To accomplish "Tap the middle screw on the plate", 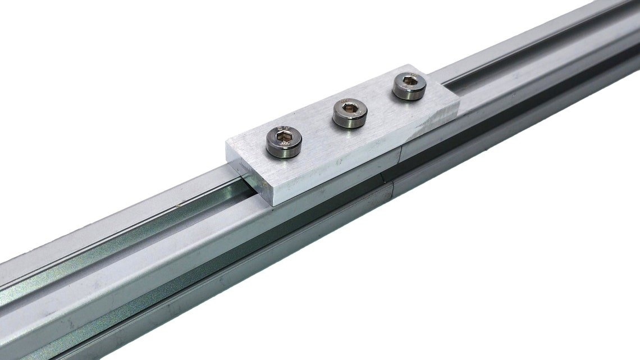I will pyautogui.click(x=350, y=113).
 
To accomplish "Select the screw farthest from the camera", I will pyautogui.click(x=409, y=86).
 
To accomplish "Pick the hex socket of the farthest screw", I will pyautogui.click(x=410, y=83).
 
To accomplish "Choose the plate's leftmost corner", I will pyautogui.click(x=226, y=143).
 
